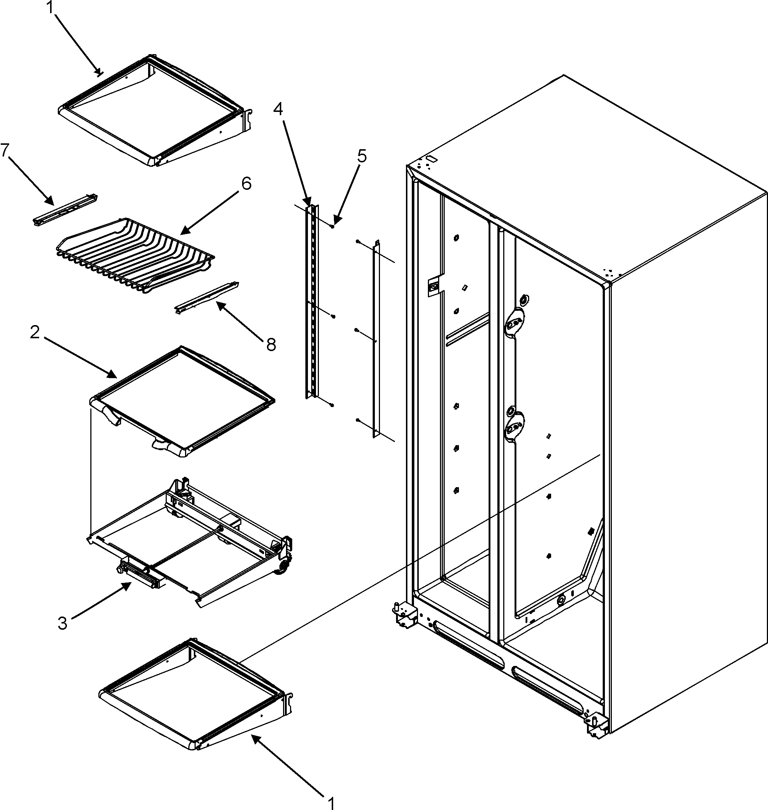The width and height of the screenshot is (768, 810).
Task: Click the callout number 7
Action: pos(5,150)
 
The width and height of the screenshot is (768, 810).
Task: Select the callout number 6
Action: pos(246,184)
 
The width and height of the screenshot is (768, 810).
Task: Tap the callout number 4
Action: pos(278,109)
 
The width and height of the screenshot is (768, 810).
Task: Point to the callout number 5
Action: pos(361,156)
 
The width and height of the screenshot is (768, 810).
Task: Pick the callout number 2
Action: pos(35,332)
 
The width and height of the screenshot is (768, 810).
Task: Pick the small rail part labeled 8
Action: pos(207,296)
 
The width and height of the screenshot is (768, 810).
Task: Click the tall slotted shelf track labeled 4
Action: pos(312,303)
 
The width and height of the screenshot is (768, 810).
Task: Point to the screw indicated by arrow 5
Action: pos(333,226)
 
